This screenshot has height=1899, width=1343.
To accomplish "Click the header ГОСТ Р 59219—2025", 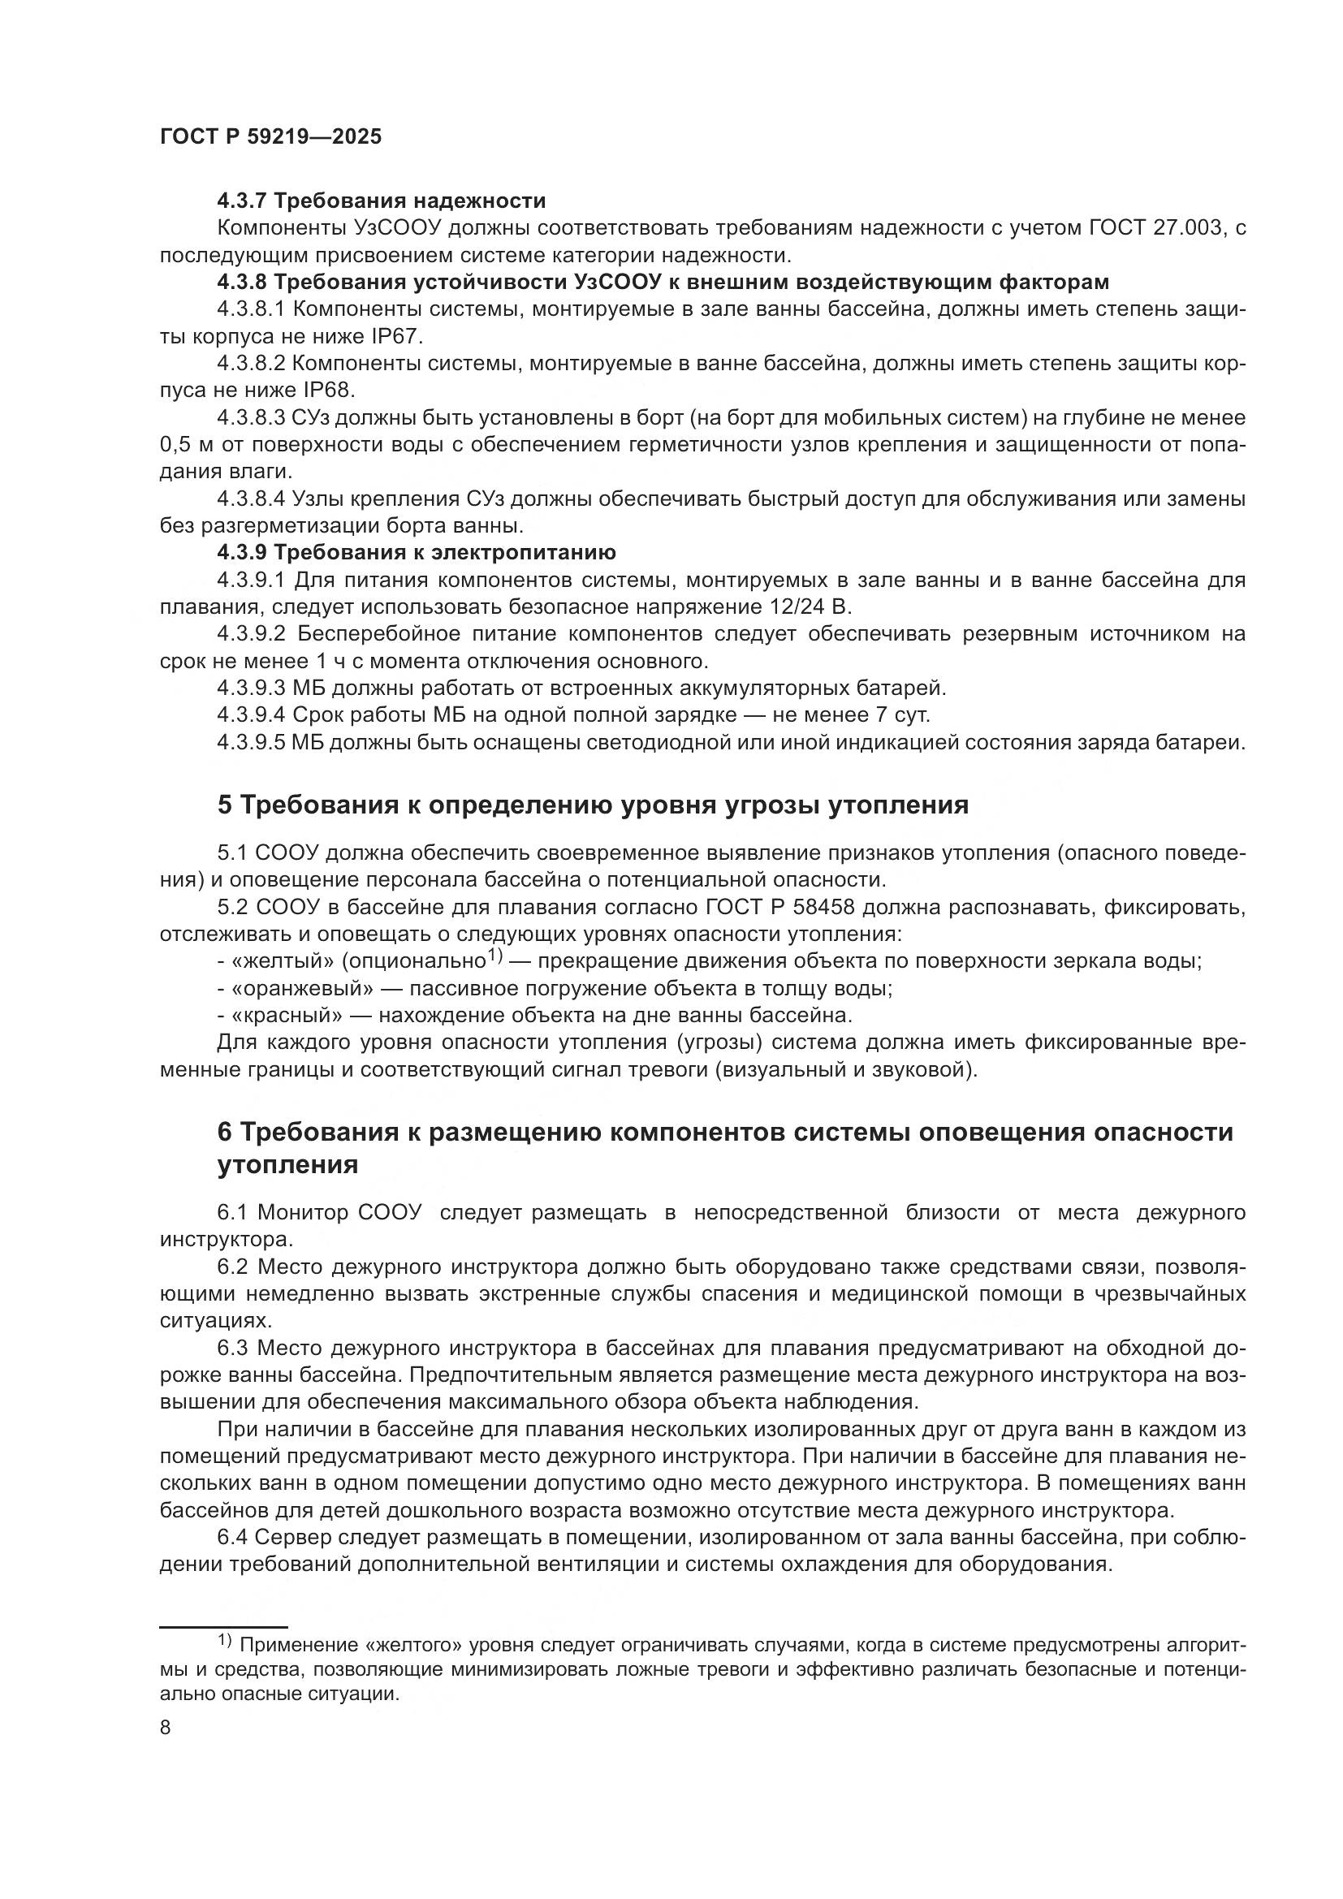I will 270,137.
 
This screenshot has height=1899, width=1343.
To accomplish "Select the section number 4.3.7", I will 242,201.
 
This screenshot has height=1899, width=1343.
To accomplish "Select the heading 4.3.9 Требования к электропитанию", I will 417,553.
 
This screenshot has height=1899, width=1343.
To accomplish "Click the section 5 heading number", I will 225,805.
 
